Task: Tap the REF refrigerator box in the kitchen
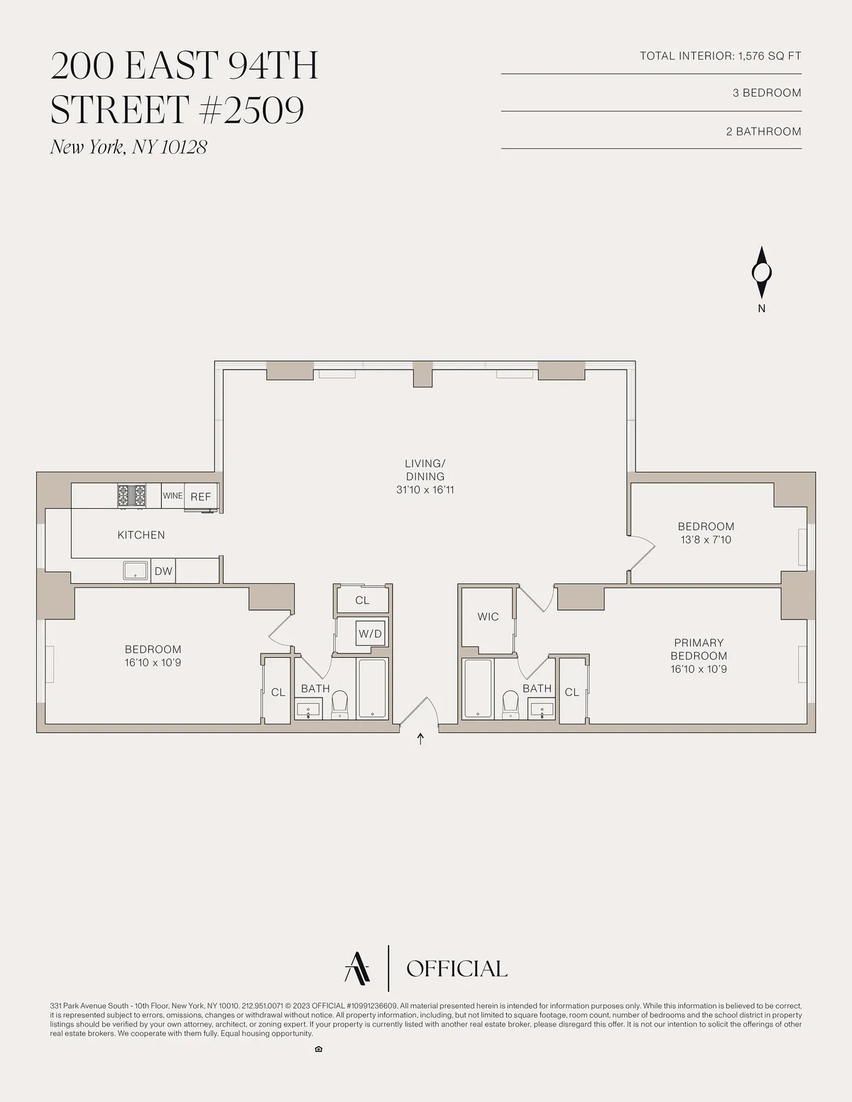pyautogui.click(x=201, y=497)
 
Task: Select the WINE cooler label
pyautogui.click(x=173, y=496)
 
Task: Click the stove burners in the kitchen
pyautogui.click(x=131, y=495)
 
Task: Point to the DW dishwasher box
pyautogui.click(x=163, y=571)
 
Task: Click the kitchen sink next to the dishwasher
pyautogui.click(x=135, y=571)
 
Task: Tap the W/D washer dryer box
pyautogui.click(x=370, y=634)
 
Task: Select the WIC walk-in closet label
pyautogui.click(x=488, y=617)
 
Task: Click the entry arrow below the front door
pyautogui.click(x=420, y=739)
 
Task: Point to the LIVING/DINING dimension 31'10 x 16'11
pyautogui.click(x=425, y=490)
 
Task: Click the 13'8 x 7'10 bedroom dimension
pyautogui.click(x=706, y=540)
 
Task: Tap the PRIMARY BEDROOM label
pyautogui.click(x=699, y=649)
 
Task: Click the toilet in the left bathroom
pyautogui.click(x=340, y=703)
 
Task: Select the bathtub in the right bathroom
pyautogui.click(x=478, y=688)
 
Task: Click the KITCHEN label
pyautogui.click(x=141, y=535)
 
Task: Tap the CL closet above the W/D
pyautogui.click(x=362, y=600)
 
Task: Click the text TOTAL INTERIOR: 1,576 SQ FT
pyautogui.click(x=720, y=56)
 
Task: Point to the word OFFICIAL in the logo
pyautogui.click(x=457, y=969)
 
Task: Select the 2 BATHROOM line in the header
pyautogui.click(x=763, y=131)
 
